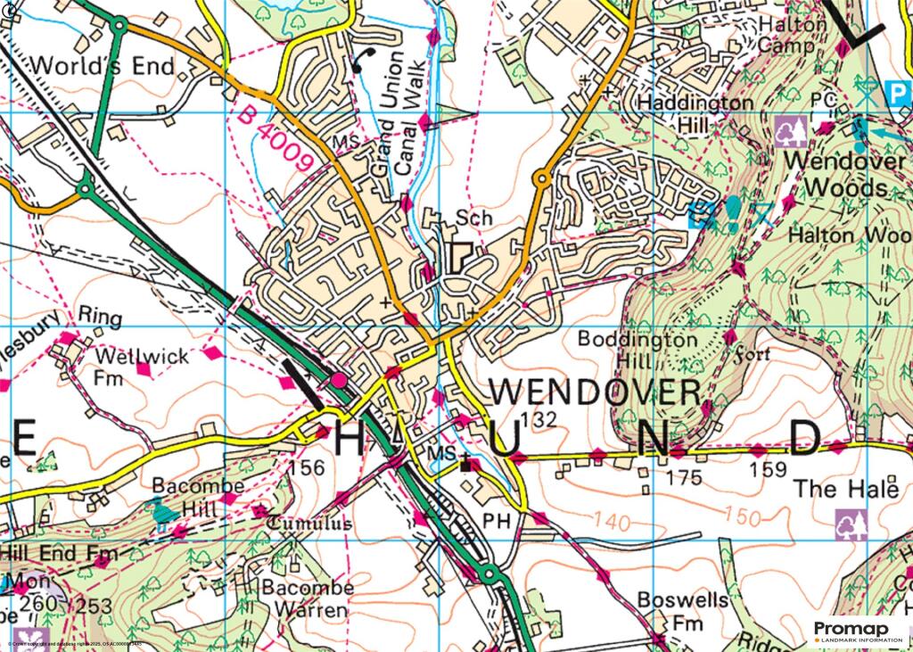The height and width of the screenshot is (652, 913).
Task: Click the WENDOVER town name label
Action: point(596,392)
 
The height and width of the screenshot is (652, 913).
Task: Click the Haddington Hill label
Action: point(695,114)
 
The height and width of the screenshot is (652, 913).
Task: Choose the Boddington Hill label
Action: point(625,351)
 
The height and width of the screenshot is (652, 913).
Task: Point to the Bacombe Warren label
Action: point(306,599)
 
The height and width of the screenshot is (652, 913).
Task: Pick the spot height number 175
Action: point(685,478)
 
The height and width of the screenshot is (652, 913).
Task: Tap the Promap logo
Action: point(858,631)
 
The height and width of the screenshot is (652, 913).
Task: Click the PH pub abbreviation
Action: point(495,518)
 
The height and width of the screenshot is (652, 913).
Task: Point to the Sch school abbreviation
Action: point(473,217)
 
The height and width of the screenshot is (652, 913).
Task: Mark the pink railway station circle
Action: point(339,383)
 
